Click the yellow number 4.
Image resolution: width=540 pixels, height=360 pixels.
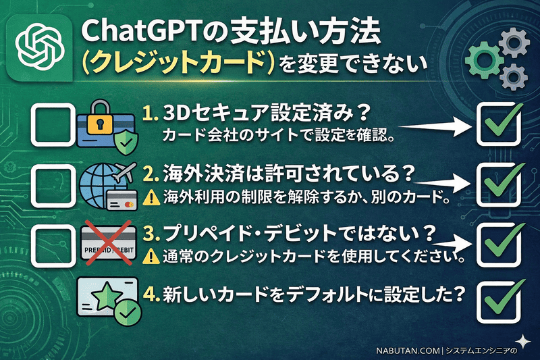[150, 295]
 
